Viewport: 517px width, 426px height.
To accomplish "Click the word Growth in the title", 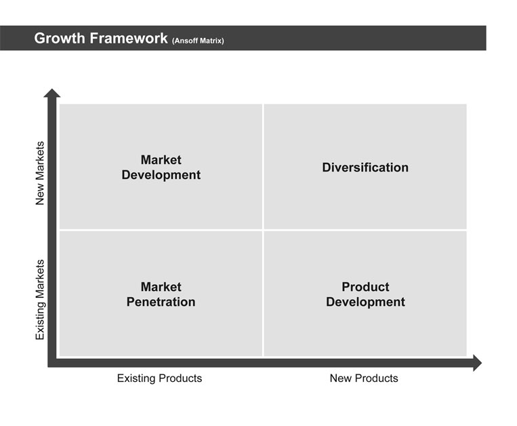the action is point(60,38).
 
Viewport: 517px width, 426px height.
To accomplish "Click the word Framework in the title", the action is point(129,38).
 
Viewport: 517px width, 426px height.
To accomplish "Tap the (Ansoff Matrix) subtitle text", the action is point(198,41).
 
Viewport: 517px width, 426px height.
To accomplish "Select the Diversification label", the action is point(365,168).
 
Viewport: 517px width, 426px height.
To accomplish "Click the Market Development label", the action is point(161,168).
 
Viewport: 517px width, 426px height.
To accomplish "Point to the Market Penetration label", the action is point(161,294).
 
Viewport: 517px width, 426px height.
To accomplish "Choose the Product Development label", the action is point(365,294).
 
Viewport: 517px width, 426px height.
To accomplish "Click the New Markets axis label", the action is point(40,173).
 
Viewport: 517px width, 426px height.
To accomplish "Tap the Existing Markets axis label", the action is point(40,300).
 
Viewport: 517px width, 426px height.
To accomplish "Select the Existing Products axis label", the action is point(160,378).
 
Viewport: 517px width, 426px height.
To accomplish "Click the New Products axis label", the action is point(364,378).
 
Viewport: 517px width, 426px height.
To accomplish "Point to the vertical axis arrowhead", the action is point(52,93).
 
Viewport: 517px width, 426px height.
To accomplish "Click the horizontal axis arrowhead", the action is point(478,363).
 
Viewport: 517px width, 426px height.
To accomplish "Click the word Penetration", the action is point(161,302).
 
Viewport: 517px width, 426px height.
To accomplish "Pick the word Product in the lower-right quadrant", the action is point(365,287).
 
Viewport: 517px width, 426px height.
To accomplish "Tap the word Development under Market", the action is point(161,175).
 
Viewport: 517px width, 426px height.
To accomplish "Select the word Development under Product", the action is point(365,303).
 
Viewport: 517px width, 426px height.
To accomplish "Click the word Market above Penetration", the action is point(161,287).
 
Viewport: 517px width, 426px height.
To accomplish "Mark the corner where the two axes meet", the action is point(52,363).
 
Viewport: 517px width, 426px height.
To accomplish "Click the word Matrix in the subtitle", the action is point(211,41).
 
